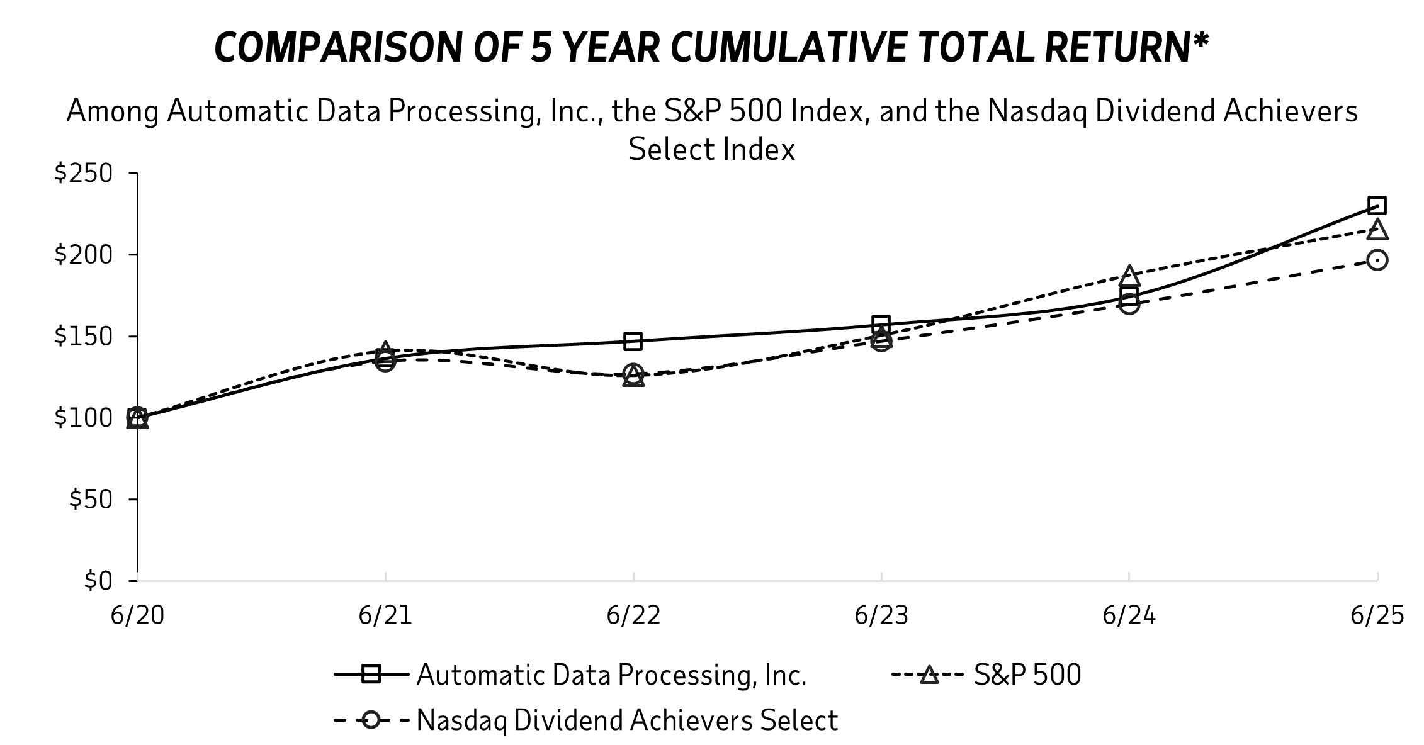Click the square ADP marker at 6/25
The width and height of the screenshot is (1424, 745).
[1377, 205]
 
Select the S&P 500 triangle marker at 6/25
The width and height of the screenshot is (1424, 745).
[1377, 230]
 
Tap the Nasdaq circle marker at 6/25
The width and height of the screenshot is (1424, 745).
[1377, 260]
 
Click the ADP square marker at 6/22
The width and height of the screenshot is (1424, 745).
[633, 342]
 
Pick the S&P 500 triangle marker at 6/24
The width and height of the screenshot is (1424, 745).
[1129, 276]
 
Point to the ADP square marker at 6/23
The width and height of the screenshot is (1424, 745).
[881, 324]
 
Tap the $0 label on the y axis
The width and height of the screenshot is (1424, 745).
[98, 580]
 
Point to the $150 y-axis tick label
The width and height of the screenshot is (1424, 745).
[84, 336]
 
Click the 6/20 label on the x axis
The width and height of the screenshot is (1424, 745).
[137, 615]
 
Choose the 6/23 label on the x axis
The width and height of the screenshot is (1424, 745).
[881, 615]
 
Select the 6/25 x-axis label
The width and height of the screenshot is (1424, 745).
[1377, 615]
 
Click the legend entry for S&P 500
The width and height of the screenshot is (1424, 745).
[1027, 675]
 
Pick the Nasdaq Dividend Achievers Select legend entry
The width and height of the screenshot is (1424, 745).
[626, 720]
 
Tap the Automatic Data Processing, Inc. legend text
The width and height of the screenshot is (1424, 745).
[611, 675]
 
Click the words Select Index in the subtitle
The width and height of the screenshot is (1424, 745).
[711, 150]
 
